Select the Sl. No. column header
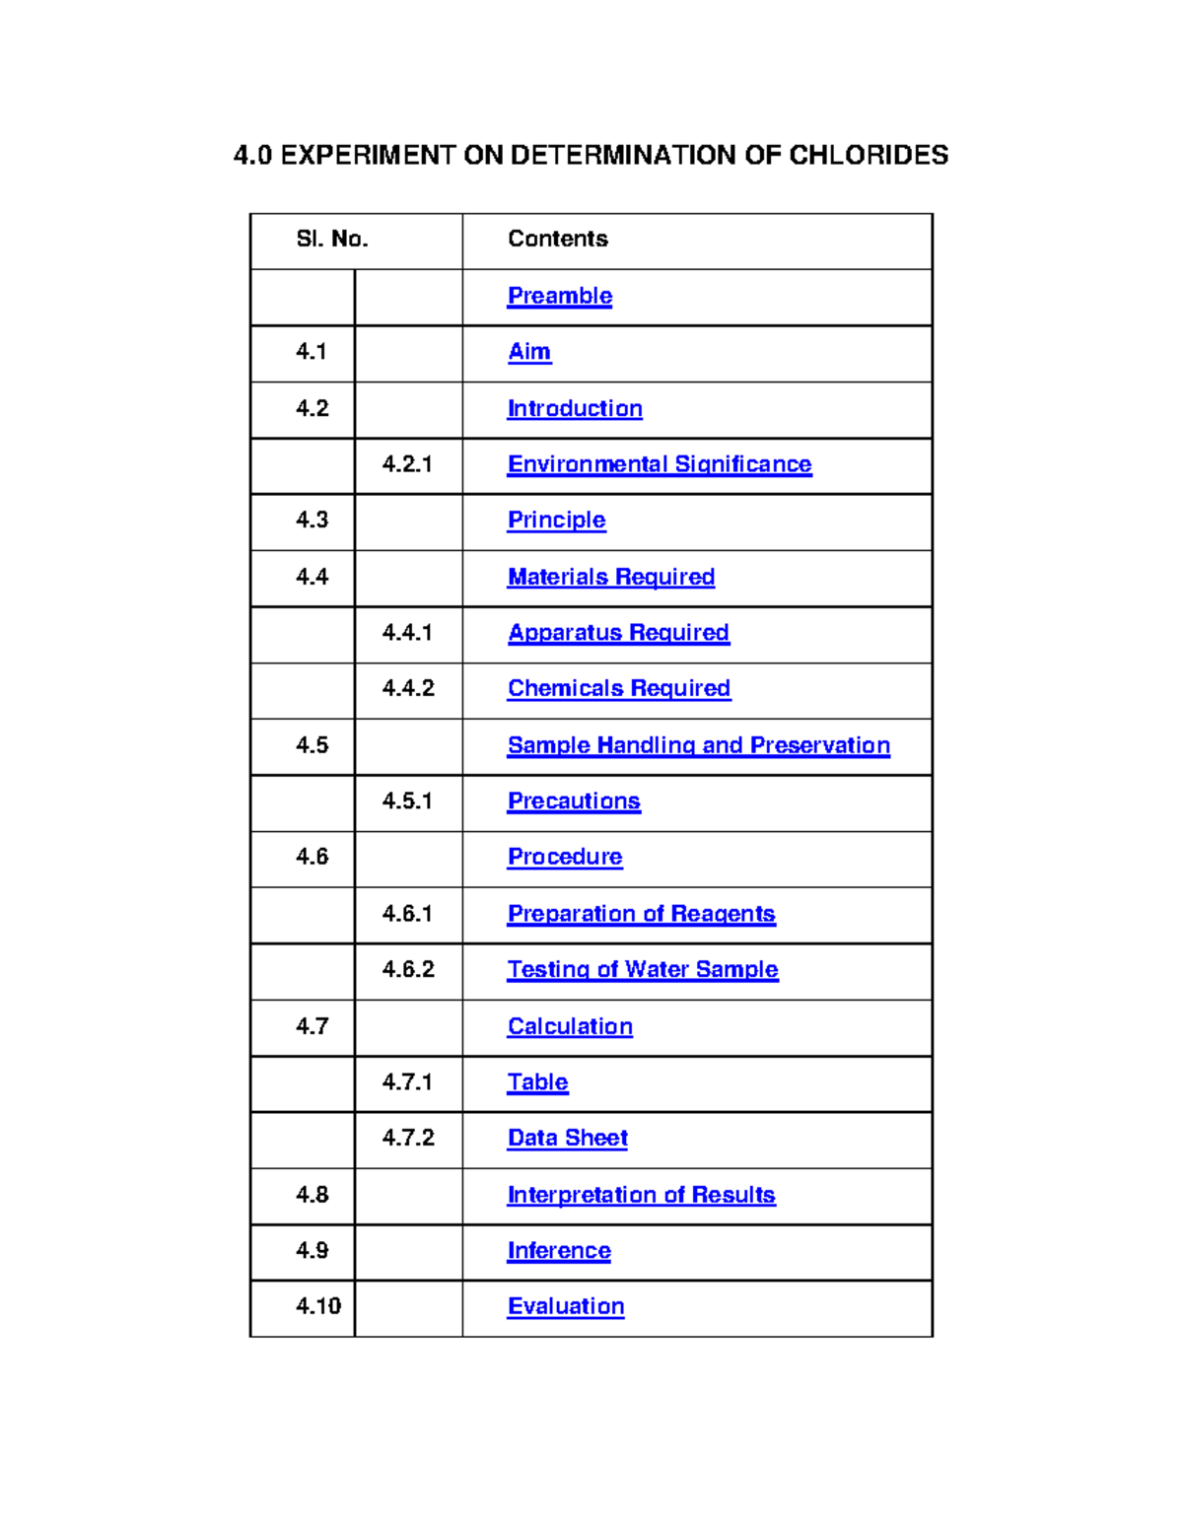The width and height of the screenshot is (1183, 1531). click(x=332, y=240)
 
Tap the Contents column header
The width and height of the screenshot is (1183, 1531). click(x=557, y=240)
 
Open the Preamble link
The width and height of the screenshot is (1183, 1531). click(x=559, y=296)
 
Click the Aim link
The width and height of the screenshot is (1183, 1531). click(x=529, y=352)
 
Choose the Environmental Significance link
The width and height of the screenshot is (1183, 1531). click(x=660, y=464)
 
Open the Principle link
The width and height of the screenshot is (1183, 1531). click(x=556, y=521)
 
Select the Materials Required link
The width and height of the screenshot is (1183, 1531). click(x=610, y=577)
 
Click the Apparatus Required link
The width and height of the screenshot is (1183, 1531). click(x=618, y=633)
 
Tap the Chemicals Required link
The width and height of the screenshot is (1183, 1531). click(x=618, y=688)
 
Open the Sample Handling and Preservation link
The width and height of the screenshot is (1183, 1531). click(x=698, y=745)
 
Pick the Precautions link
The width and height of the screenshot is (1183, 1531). click(x=574, y=801)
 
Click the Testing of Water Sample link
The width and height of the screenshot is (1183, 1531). click(x=643, y=970)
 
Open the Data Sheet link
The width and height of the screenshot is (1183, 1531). click(x=567, y=1139)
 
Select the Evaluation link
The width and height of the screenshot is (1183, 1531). click(x=566, y=1306)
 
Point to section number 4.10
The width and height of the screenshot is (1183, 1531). click(x=317, y=1306)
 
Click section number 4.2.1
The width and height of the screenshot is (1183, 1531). click(x=407, y=464)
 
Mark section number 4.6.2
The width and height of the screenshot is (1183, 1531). click(x=408, y=970)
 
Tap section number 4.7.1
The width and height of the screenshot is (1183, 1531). click(x=407, y=1082)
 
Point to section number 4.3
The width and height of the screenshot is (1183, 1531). click(x=312, y=521)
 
